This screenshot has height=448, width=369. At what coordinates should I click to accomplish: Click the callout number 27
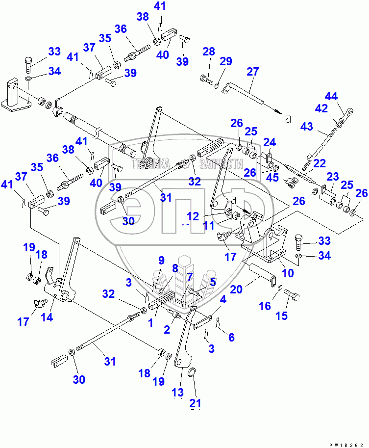pyautogui.click(x=252, y=72)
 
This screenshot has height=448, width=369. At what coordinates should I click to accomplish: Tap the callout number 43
pyautogui.click(x=307, y=126)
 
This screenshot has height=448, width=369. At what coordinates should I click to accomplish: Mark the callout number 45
pyautogui.click(x=272, y=178)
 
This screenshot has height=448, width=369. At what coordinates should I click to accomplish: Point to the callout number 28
pyautogui.click(x=209, y=52)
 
